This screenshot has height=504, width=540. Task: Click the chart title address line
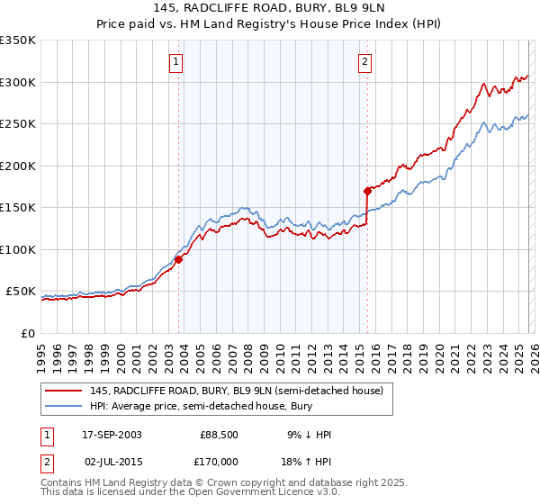point(270,9)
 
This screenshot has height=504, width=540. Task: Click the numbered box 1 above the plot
point(175,62)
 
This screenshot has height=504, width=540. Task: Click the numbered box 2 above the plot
point(364,62)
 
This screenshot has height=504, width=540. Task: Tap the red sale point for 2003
point(179,259)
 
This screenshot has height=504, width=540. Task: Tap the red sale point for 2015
point(367,191)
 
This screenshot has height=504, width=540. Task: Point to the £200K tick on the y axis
point(18,166)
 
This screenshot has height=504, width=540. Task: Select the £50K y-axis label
point(21,292)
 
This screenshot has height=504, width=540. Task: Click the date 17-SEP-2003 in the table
point(112,435)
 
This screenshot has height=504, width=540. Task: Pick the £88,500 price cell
point(219,435)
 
